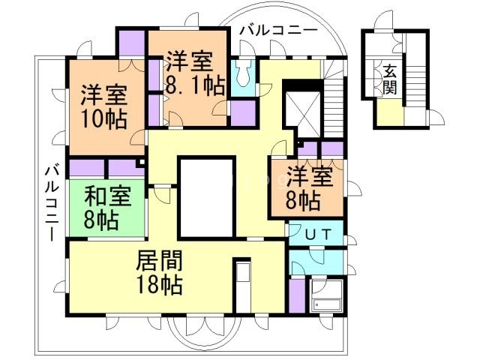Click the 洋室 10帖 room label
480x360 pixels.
pyautogui.click(x=103, y=106)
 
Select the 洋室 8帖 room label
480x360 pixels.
pyautogui.click(x=308, y=187)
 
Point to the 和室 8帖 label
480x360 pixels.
pyautogui.click(x=107, y=208)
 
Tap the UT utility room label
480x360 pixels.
pyautogui.click(x=315, y=233)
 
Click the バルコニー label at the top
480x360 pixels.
pyautogui.click(x=277, y=31)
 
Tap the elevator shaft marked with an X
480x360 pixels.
pyautogui.click(x=302, y=112)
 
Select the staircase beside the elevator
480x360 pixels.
pyautogui.click(x=335, y=105)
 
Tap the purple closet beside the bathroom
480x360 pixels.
pyautogui.click(x=297, y=295)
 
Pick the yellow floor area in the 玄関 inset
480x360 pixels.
pyautogui.click(x=389, y=114)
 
